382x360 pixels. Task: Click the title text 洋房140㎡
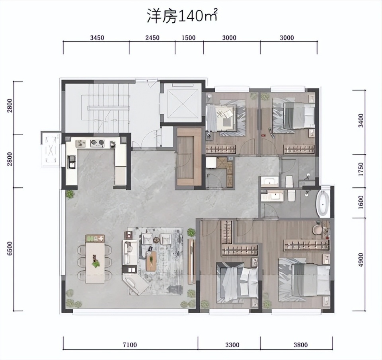tap(182, 16)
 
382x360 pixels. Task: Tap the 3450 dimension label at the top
tap(97, 38)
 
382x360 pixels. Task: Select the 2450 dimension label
tap(152, 38)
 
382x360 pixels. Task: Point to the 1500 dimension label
tap(189, 38)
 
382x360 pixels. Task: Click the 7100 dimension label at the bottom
tap(130, 344)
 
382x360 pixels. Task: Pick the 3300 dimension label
tap(232, 344)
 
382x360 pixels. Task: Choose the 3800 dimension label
tap(301, 344)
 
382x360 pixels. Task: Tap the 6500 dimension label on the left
tap(10, 249)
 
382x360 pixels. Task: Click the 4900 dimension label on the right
tap(361, 260)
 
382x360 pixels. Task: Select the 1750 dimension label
tap(361, 169)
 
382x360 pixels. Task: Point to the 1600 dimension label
tap(361, 202)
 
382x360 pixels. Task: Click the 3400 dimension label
tap(361, 120)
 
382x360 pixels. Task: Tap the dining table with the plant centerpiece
tap(95, 259)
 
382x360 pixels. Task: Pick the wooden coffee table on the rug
tap(151, 261)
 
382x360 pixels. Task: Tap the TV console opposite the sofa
tap(191, 261)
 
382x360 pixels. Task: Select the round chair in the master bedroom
tap(318, 229)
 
